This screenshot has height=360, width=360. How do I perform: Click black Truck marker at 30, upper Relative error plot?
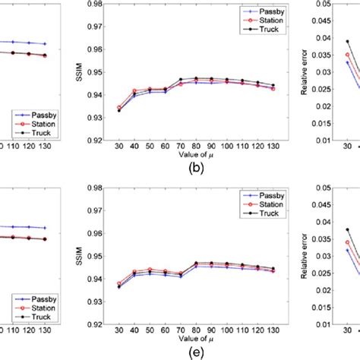(x=348, y=42)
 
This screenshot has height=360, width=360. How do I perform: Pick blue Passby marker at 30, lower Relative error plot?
(x=348, y=250)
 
